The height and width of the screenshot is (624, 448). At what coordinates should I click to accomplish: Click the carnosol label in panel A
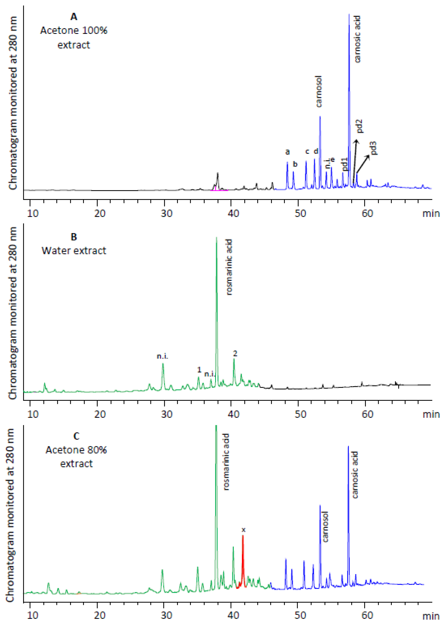[x=319, y=91]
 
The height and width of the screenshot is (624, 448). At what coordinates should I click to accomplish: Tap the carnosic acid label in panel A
[x=357, y=39]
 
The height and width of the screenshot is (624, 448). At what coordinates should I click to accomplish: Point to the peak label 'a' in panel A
[x=288, y=152]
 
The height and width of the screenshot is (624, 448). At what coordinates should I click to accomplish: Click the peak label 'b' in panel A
[x=295, y=164]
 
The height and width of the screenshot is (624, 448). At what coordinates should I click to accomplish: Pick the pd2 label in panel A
[x=359, y=126]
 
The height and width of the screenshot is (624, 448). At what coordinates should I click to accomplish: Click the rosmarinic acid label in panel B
[x=229, y=267]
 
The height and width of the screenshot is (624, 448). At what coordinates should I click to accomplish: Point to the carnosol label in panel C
[x=325, y=527]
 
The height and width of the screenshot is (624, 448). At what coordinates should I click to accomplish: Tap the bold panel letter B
[x=74, y=237]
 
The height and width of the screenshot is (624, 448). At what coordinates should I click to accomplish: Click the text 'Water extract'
[x=74, y=251]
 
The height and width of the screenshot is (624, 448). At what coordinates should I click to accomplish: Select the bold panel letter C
[x=76, y=436]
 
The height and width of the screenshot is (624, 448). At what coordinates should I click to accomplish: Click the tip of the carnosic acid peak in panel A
[x=349, y=14]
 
